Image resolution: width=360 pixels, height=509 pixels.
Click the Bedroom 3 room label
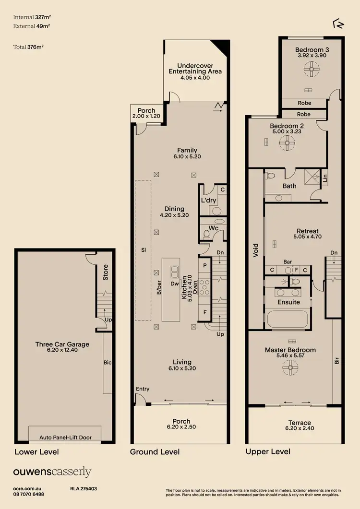point(312,49)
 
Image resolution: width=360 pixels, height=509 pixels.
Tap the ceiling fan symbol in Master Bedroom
point(290,368)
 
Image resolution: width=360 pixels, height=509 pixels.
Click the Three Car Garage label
point(62,344)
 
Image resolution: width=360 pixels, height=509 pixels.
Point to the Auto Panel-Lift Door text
point(65,437)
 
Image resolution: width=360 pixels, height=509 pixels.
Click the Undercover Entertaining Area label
point(195,69)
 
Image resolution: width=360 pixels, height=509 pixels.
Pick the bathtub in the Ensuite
point(289,320)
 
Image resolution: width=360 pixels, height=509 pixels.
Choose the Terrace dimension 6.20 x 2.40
point(300,428)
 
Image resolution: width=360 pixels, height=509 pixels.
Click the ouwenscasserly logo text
point(52,472)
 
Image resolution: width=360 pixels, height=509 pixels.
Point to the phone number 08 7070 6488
point(28,494)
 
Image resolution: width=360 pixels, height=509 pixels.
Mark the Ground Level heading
point(155,452)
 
